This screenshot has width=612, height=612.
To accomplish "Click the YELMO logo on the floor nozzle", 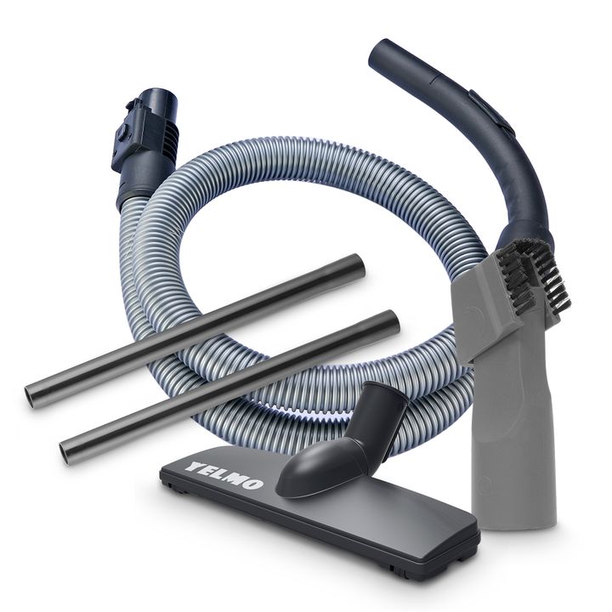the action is (224, 475).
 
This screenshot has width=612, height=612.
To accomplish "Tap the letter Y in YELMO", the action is (194, 466).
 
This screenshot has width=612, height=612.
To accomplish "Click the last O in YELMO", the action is (253, 484).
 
